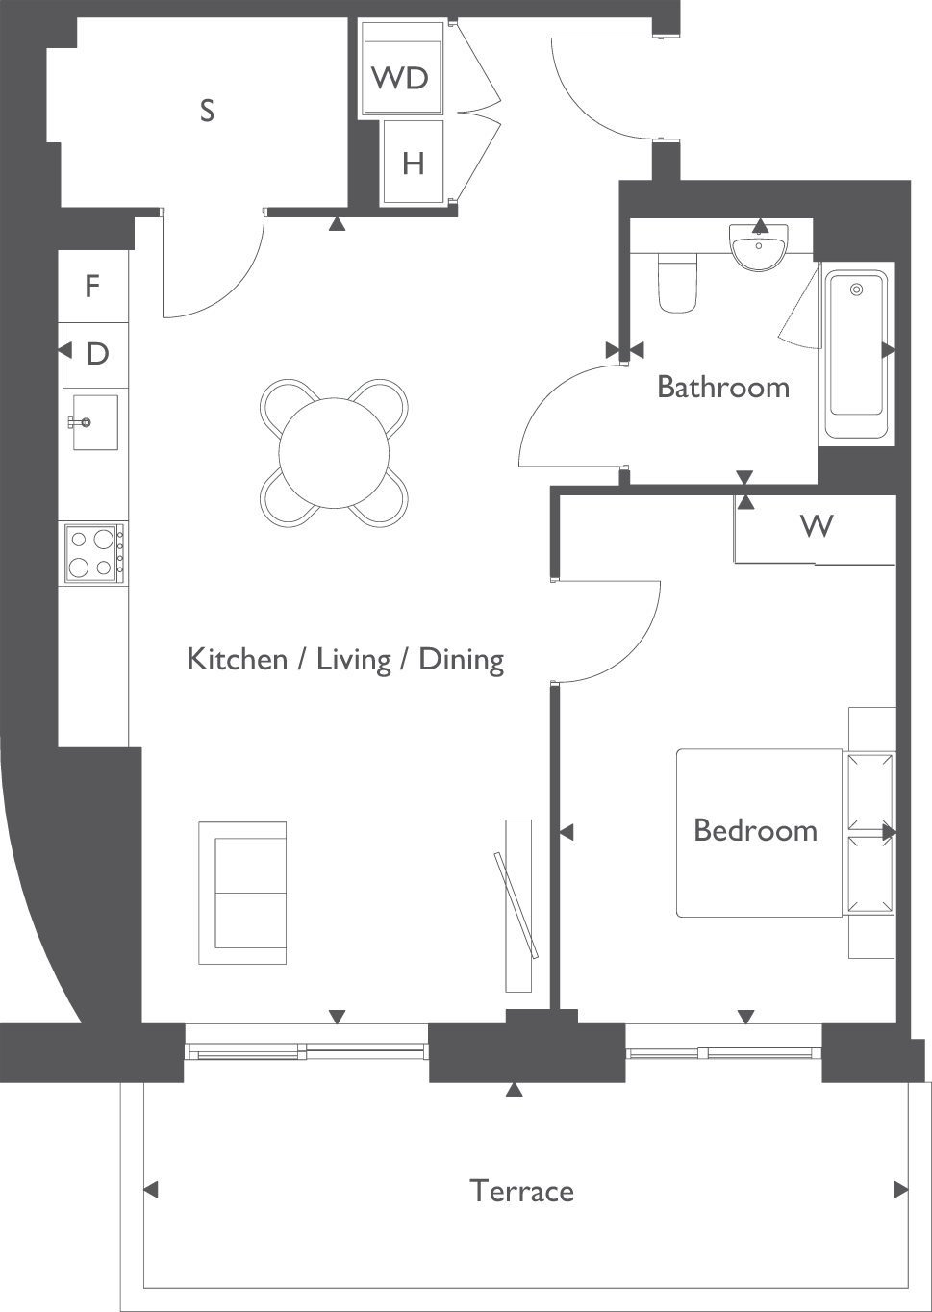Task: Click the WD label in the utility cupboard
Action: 400,78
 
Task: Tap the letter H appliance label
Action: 413,164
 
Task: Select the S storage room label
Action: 207,110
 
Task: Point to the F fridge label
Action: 92,287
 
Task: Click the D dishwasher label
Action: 97,354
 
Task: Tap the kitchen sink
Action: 94,422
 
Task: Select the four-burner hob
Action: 93,553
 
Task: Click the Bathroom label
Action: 723,388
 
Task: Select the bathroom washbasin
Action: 759,247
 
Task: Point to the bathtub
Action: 856,354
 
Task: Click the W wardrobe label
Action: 817,526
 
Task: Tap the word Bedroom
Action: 756,830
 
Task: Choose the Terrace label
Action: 521,1192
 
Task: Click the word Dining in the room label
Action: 462,661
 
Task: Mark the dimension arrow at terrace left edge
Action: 151,1190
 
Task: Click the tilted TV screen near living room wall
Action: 516,905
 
